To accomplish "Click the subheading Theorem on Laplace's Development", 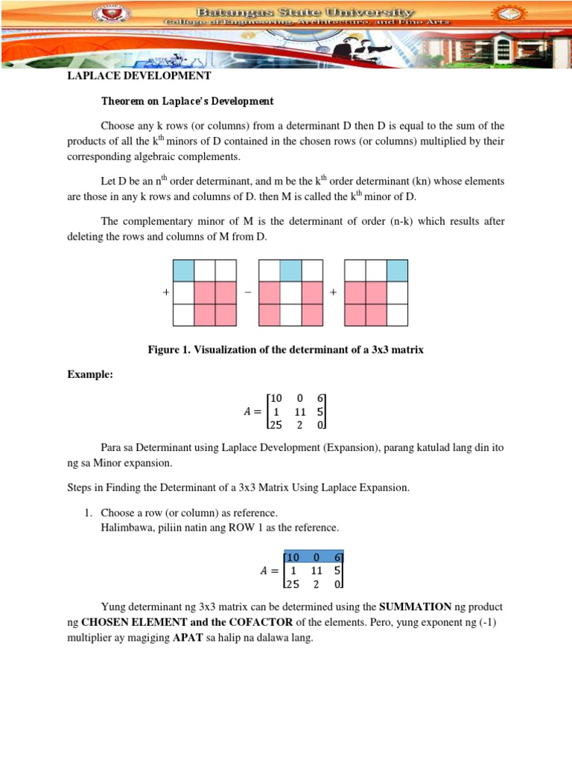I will click(187, 101).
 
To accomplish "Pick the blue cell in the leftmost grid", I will click(183, 271).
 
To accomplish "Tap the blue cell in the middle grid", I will click(290, 271).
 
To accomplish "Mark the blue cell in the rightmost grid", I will click(398, 271).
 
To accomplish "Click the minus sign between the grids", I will click(247, 293).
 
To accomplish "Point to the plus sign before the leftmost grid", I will click(165, 293).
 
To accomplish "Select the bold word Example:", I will click(90, 376).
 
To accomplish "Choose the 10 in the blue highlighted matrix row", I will click(293, 557).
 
